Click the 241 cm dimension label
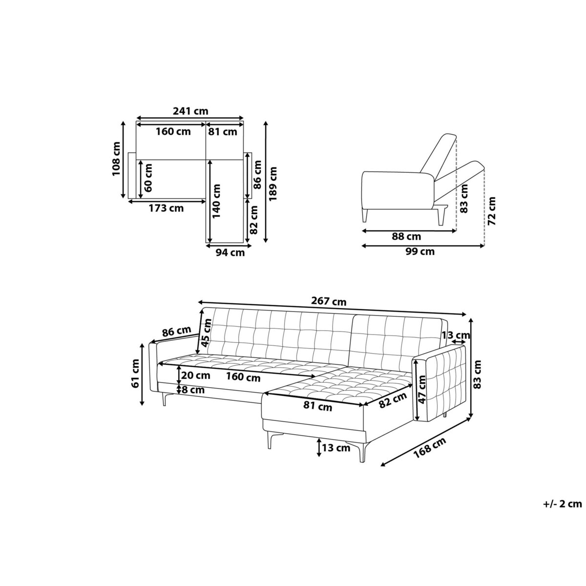click(x=190, y=111)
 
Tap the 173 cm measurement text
click(x=166, y=209)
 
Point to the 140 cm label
click(x=216, y=201)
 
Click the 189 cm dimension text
click(x=273, y=184)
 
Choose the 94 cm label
click(x=230, y=252)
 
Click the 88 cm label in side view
click(x=406, y=236)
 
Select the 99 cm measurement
click(x=419, y=251)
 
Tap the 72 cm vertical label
click(x=491, y=211)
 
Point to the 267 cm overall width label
click(x=329, y=301)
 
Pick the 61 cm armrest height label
click(x=135, y=373)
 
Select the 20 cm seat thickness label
click(x=195, y=376)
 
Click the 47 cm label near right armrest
click(x=421, y=390)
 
